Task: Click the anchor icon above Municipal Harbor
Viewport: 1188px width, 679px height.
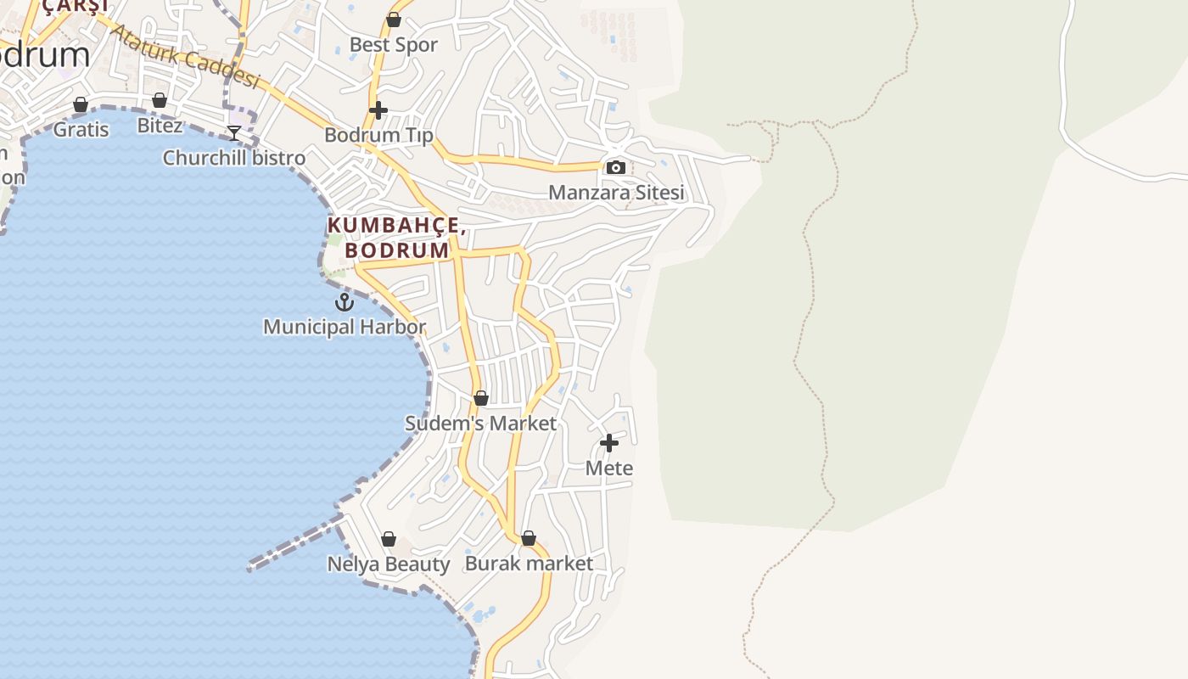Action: click(344, 302)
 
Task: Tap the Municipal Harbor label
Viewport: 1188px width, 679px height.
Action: click(344, 327)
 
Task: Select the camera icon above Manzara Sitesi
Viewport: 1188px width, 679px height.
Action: click(616, 168)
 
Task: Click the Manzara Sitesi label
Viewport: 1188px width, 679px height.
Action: click(616, 193)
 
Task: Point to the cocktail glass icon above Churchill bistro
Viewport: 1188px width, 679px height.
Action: click(234, 133)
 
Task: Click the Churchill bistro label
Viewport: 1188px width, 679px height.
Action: click(234, 158)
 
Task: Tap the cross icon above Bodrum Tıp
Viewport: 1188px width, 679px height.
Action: click(378, 110)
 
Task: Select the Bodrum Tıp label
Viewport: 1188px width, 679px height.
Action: click(378, 135)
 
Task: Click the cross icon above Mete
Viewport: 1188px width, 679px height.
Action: click(609, 443)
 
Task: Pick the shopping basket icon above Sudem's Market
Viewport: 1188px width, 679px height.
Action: click(481, 398)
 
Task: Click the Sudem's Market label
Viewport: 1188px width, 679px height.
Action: click(481, 423)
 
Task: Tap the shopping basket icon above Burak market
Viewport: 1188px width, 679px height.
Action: click(529, 538)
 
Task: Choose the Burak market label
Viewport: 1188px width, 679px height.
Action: click(529, 564)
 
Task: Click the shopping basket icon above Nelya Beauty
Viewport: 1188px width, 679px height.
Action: click(389, 539)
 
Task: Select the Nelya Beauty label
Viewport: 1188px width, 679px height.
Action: click(389, 564)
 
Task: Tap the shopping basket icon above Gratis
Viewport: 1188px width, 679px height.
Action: click(81, 105)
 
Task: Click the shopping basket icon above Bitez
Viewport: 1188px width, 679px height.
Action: click(160, 101)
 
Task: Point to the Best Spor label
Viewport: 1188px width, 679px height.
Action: click(394, 45)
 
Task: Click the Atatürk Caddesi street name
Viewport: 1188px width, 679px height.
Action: click(185, 57)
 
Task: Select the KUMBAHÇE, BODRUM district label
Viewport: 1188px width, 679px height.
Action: click(396, 238)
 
